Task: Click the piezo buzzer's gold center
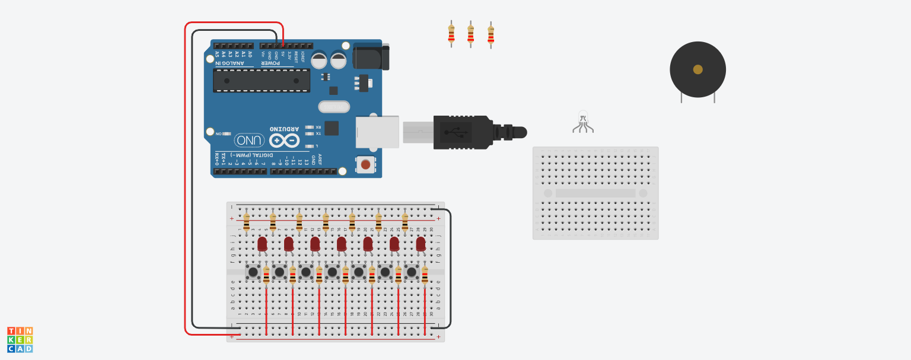(697, 69)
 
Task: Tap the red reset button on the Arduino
(365, 164)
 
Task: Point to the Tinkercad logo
(20, 340)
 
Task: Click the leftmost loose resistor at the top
(451, 34)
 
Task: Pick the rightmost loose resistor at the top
(490, 34)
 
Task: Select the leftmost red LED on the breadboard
(262, 243)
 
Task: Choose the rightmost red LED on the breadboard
(421, 243)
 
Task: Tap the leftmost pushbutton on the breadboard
(253, 272)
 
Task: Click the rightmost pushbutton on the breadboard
(412, 272)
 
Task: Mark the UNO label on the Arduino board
(250, 141)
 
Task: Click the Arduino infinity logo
(284, 141)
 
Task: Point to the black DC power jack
(371, 57)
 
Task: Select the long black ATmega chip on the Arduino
(261, 81)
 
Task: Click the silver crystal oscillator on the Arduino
(333, 107)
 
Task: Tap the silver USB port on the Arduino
(377, 132)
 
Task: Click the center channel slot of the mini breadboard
(595, 193)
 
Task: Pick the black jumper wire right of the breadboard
(450, 267)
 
